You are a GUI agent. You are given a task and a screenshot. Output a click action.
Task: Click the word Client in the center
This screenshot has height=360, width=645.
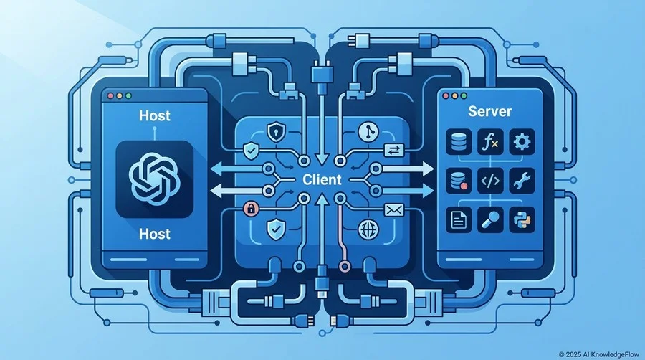[x=322, y=179]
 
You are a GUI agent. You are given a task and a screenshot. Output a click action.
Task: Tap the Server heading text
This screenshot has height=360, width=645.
[x=489, y=111]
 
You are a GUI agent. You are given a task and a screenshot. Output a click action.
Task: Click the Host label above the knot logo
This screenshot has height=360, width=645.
[x=155, y=115]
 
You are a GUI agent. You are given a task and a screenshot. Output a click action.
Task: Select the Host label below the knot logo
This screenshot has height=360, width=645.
[x=155, y=234]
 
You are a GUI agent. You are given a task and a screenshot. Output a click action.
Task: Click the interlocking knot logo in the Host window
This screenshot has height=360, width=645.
[x=154, y=179]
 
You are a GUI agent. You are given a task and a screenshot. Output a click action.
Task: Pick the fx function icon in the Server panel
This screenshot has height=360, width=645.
[x=490, y=142]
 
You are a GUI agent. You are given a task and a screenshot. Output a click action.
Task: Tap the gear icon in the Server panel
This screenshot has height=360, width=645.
[x=522, y=142]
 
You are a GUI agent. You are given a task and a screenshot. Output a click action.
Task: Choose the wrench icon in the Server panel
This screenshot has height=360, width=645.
[x=522, y=181]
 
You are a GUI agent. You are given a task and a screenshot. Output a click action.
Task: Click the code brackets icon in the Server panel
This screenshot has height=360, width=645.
[x=490, y=181]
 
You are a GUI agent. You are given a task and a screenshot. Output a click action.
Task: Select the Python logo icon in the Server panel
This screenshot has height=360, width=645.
[x=522, y=219]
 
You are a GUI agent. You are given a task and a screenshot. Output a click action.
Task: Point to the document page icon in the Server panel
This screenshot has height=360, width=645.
[x=459, y=219]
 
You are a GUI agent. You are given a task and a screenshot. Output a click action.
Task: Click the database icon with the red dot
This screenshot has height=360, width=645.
[x=459, y=181]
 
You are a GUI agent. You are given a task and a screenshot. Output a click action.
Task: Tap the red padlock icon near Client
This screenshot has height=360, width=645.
[x=251, y=209]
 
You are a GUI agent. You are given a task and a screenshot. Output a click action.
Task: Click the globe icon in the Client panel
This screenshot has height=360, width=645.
[x=368, y=229]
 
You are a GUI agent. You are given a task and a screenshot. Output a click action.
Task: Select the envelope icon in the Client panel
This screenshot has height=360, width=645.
[x=393, y=211]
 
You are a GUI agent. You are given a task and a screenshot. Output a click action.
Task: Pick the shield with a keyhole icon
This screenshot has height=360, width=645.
[x=275, y=132]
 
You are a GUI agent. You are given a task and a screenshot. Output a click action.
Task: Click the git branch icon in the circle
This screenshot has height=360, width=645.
[x=368, y=132]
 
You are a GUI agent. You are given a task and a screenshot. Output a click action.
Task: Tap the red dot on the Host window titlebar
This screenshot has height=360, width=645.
[x=110, y=96]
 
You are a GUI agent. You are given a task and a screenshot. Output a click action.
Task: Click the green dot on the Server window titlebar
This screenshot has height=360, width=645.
[x=464, y=96]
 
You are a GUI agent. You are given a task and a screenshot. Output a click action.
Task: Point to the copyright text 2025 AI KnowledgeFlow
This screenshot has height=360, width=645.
[x=599, y=354]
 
